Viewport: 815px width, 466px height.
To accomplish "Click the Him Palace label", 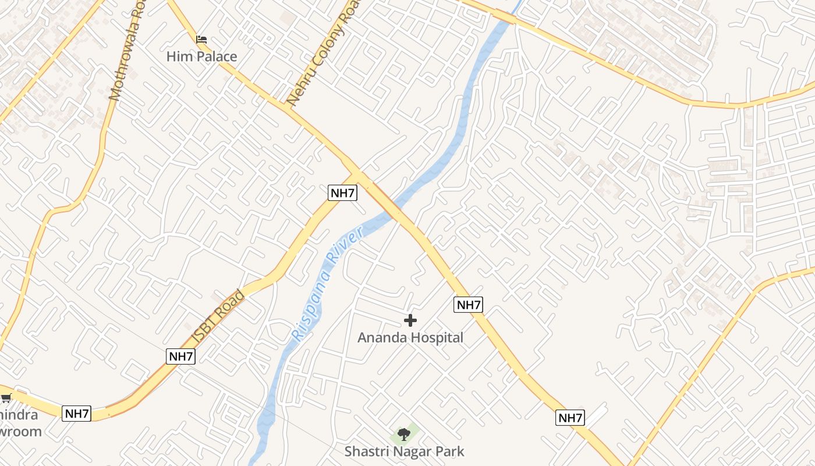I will (x=201, y=57).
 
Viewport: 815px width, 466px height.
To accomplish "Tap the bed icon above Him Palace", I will (x=201, y=40).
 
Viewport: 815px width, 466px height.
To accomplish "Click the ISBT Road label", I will (x=218, y=317).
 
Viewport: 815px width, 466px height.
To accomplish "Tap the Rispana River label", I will (x=328, y=283).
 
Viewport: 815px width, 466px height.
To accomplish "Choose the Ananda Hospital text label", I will (x=410, y=337).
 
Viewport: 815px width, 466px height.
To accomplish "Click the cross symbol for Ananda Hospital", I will (x=410, y=320).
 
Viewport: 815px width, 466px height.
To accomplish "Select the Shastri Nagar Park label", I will (x=404, y=451).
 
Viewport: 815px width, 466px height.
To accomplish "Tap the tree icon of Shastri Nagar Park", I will (x=403, y=434).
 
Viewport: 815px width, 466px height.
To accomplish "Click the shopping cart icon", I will (x=6, y=398).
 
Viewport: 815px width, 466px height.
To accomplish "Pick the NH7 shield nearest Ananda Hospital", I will (x=468, y=304).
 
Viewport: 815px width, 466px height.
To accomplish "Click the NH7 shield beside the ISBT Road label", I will (x=180, y=356).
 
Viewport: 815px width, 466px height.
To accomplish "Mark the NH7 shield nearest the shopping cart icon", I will (x=77, y=414).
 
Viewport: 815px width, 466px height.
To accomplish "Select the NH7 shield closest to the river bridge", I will (x=342, y=193).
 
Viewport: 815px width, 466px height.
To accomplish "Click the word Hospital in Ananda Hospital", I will (x=437, y=337).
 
